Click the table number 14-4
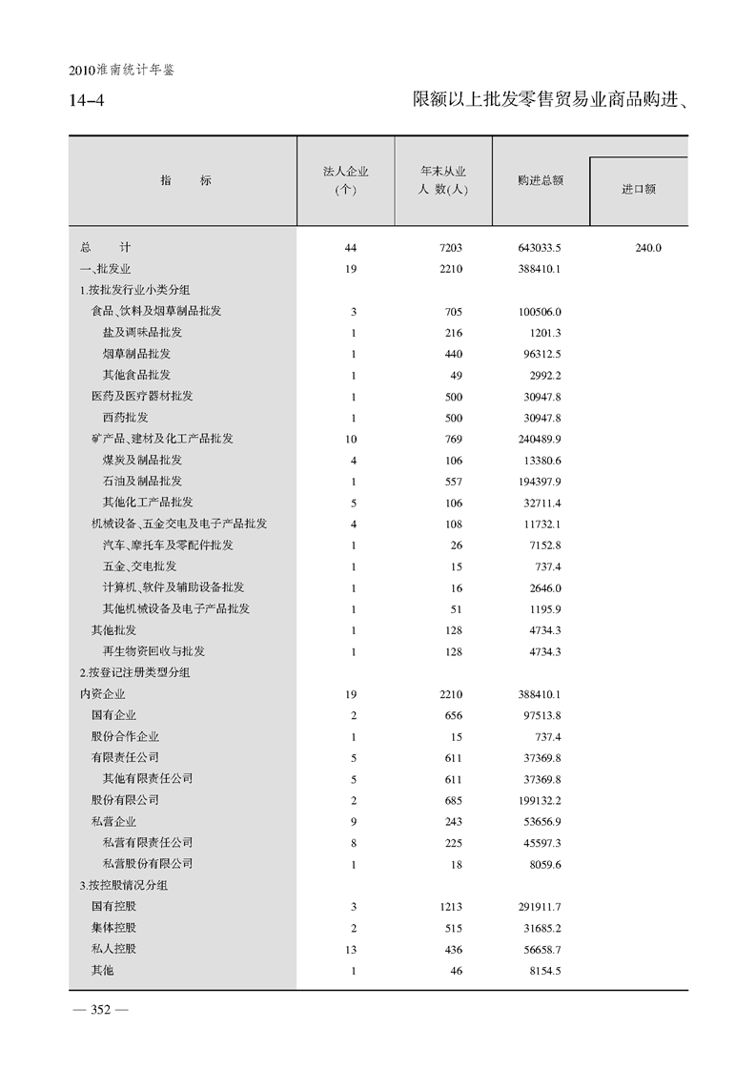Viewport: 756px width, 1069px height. point(88,100)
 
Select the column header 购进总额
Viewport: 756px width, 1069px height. point(541,179)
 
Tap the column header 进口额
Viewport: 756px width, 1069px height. point(639,190)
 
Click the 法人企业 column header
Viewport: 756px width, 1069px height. point(346,179)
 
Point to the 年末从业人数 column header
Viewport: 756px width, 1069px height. point(443,179)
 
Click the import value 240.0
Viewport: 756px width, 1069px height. point(647,248)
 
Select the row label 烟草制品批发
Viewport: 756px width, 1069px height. point(136,354)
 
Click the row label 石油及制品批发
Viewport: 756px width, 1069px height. point(142,481)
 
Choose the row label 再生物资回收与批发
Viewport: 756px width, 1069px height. point(153,651)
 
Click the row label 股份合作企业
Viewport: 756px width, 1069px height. point(125,736)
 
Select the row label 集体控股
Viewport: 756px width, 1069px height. point(113,928)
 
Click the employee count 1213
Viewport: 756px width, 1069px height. point(449,906)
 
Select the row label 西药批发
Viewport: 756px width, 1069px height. point(125,418)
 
